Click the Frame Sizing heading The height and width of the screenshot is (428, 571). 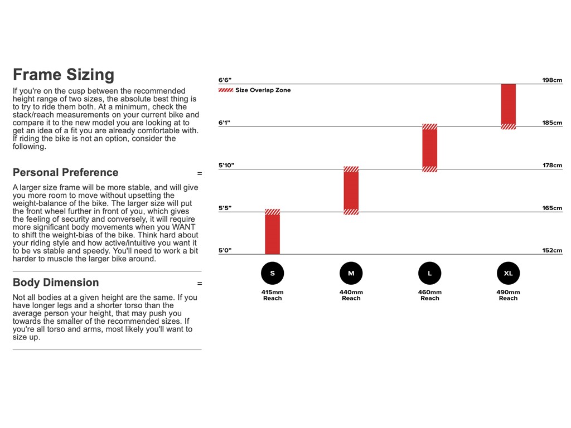pyautogui.click(x=63, y=75)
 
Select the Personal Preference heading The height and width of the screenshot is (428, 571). pyautogui.click(x=65, y=172)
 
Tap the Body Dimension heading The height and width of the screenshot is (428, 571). pyautogui.click(x=56, y=283)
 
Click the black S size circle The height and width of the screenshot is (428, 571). pyautogui.click(x=272, y=273)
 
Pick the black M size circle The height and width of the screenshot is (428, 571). pyautogui.click(x=351, y=273)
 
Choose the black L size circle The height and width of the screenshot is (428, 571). pyautogui.click(x=429, y=273)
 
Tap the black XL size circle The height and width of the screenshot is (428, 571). pyautogui.click(x=508, y=273)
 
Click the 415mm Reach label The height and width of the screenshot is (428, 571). pyautogui.click(x=272, y=295)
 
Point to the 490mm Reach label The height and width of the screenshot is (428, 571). pyautogui.click(x=508, y=295)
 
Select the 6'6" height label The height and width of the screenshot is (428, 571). pyautogui.click(x=225, y=80)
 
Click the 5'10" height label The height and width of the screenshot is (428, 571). pyautogui.click(x=226, y=166)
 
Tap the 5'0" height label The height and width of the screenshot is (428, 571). pyautogui.click(x=225, y=251)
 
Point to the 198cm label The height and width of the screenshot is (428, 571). pyautogui.click(x=552, y=80)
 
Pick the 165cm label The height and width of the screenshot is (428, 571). pyautogui.click(x=552, y=208)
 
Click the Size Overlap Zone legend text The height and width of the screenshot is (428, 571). pyautogui.click(x=263, y=90)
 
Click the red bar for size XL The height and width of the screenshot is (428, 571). pyautogui.click(x=508, y=105)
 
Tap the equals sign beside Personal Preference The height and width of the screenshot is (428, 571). pyautogui.click(x=200, y=173)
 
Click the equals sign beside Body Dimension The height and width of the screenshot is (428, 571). pyautogui.click(x=200, y=284)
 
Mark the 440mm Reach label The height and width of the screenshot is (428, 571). pyautogui.click(x=351, y=295)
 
